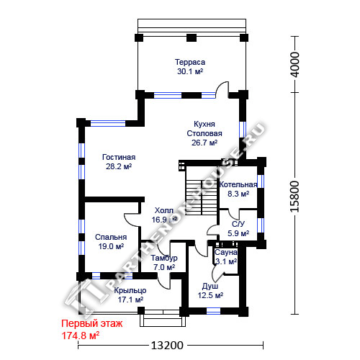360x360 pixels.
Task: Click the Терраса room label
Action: [190, 62]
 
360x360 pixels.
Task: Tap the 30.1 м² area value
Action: [190, 71]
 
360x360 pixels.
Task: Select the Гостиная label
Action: [119, 157]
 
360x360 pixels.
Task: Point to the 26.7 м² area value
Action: [204, 143]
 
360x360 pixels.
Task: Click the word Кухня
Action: [204, 124]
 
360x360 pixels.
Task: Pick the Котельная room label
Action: [238, 184]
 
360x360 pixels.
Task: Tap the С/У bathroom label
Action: [238, 224]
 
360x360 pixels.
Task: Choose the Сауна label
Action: [226, 252]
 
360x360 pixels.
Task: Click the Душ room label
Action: [210, 286]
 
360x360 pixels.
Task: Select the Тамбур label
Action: [164, 258]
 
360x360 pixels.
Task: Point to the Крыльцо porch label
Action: [130, 291]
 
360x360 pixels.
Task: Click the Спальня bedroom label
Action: [111, 237]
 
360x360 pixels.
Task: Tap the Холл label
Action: [164, 210]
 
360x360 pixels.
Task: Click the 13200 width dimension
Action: [167, 346]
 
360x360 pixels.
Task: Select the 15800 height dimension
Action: [295, 197]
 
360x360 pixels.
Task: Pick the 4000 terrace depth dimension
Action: [295, 64]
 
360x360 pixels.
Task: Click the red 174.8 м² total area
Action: [81, 336]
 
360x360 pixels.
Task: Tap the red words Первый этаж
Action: [92, 323]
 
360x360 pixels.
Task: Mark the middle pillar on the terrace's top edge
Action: [192, 38]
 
